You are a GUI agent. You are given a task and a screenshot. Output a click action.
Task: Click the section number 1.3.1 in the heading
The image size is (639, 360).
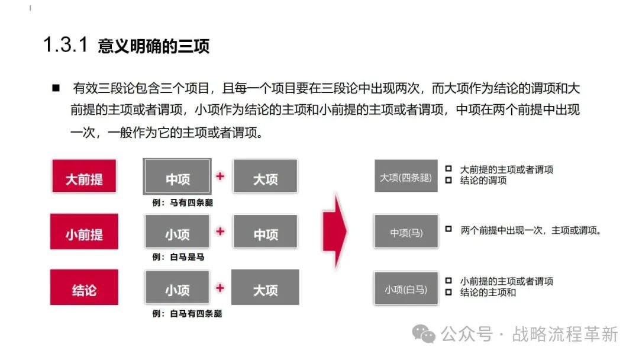[66, 46]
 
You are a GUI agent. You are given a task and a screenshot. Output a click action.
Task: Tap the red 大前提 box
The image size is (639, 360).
[84, 176]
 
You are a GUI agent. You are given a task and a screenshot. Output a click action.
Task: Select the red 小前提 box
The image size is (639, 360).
[84, 232]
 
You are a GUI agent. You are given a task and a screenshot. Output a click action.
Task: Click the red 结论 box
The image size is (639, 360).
[84, 288]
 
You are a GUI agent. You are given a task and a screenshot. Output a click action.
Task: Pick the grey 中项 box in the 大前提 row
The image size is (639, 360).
[177, 176]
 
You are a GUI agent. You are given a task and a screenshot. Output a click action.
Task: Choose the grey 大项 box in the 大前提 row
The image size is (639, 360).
[265, 176]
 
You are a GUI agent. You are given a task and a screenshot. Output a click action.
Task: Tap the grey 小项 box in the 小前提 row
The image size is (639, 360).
[177, 232]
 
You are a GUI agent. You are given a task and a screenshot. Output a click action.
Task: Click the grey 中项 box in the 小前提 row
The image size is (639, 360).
[265, 232]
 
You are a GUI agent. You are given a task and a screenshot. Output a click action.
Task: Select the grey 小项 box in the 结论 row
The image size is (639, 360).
[177, 288]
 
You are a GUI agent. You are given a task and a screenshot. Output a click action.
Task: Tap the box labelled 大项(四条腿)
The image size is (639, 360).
[406, 176]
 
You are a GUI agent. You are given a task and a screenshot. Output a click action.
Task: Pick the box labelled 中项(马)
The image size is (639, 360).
[406, 232]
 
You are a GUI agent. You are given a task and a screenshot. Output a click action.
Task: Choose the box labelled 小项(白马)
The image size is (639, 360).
[406, 288]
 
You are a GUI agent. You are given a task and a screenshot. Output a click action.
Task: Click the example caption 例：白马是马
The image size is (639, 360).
[178, 258]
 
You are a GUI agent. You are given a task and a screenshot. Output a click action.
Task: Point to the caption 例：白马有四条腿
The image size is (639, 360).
[187, 314]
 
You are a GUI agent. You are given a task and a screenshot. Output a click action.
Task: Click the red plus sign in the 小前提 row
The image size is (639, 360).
[220, 232]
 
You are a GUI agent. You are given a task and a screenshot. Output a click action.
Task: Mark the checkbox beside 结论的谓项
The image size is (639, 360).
[448, 179]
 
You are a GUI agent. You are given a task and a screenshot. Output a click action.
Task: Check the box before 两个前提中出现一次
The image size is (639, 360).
[448, 228]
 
